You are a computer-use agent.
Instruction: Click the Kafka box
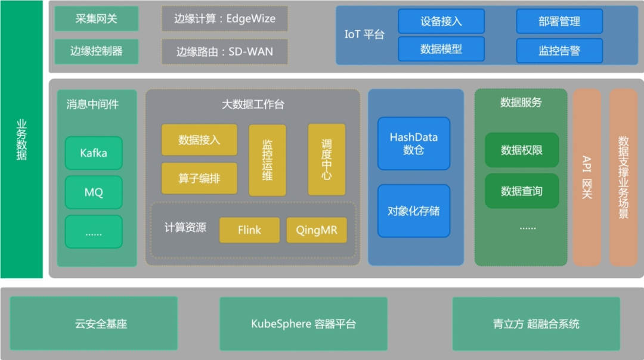coord(94,153)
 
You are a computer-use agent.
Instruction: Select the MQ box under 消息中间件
coord(94,193)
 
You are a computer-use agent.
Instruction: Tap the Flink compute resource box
coord(249,230)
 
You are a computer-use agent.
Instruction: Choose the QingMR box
coord(317,230)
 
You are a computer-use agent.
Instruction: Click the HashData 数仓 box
coord(414,144)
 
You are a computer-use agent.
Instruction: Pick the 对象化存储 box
coord(414,211)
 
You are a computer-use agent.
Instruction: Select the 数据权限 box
coord(522,150)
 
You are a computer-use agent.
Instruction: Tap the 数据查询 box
coord(522,191)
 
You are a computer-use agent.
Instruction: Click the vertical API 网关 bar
coord(587,177)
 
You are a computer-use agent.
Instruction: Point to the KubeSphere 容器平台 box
coord(304,324)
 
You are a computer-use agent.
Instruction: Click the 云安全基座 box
coord(94,324)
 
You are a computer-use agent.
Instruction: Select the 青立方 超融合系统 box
coord(536,324)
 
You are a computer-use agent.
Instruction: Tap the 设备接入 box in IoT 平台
coord(441,21)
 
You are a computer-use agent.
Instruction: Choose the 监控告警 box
coord(559,51)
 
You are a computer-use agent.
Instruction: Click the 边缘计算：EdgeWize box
coord(225,18)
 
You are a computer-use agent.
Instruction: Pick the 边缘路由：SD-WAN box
coord(225,51)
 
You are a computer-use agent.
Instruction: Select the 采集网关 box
coord(97,18)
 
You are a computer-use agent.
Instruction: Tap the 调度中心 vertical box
coord(327,160)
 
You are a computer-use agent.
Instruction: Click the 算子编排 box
coord(199,178)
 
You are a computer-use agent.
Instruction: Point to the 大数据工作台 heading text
coord(253,105)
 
